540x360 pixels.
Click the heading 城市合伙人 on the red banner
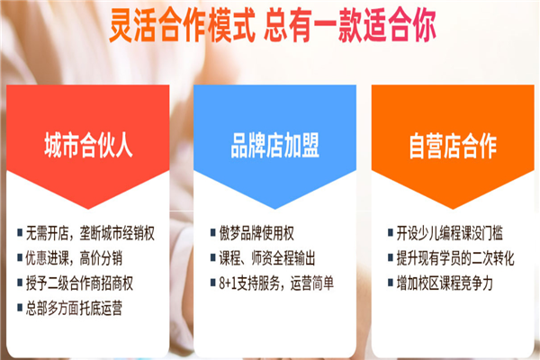point(88,146)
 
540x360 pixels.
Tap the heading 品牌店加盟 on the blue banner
point(274,146)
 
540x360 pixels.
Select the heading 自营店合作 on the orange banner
point(453,146)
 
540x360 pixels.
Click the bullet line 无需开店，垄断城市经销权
point(90,233)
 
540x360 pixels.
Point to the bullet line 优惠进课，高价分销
point(74,258)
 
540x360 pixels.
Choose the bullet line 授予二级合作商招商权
point(79,283)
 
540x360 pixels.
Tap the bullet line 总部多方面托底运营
point(74,308)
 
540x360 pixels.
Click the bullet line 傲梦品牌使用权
point(256,233)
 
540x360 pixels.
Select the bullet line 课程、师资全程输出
point(267,258)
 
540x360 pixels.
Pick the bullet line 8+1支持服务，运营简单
point(276,283)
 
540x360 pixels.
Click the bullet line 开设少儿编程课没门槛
point(449,233)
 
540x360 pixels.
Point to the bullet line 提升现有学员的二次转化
point(455,258)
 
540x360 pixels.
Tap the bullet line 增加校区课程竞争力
point(445,283)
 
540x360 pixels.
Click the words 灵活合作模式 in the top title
point(182,25)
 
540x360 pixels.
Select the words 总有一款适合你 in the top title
point(350,25)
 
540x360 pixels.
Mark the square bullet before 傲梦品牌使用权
point(212,232)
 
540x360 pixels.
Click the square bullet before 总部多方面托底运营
point(20,307)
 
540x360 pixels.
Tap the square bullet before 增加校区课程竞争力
point(391,283)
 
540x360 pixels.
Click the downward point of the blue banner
point(274,209)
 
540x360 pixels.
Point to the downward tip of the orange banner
point(453,209)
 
